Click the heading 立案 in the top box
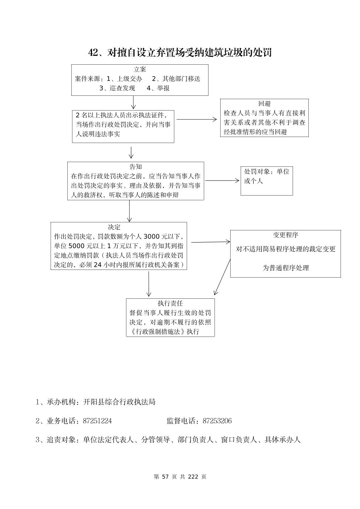point(140,70)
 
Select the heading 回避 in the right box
point(264,104)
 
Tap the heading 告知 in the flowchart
point(136,167)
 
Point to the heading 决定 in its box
point(114,227)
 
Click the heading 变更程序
point(286,235)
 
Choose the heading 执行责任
point(170,303)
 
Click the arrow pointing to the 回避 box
point(197,119)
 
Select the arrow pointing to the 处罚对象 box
point(222,180)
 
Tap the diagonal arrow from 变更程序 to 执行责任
point(222,277)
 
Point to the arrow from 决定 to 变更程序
point(210,242)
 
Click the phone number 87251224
point(97,421)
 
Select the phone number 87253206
point(217,421)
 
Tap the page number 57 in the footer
point(165,477)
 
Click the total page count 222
point(193,477)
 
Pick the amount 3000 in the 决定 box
point(151,236)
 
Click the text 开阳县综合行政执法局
point(119,402)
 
